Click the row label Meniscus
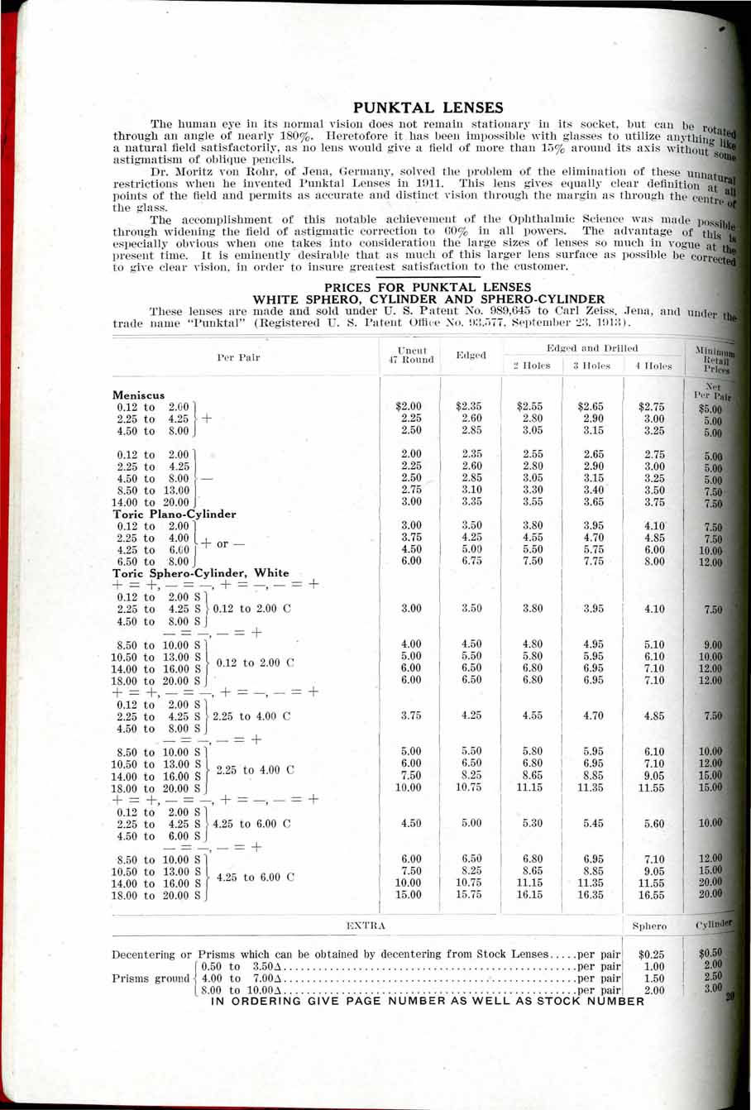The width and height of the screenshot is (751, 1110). [139, 395]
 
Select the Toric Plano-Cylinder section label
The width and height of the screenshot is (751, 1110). [175, 514]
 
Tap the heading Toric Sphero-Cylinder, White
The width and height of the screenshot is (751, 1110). [201, 572]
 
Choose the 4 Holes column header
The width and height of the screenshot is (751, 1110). [653, 365]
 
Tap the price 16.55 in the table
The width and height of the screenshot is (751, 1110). [653, 895]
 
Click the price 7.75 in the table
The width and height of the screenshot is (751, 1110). [593, 561]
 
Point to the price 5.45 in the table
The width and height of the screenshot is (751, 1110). [593, 824]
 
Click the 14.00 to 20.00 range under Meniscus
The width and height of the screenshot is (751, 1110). [153, 502]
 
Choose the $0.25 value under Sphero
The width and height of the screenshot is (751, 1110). [653, 955]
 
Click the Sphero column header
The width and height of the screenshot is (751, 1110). [650, 926]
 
